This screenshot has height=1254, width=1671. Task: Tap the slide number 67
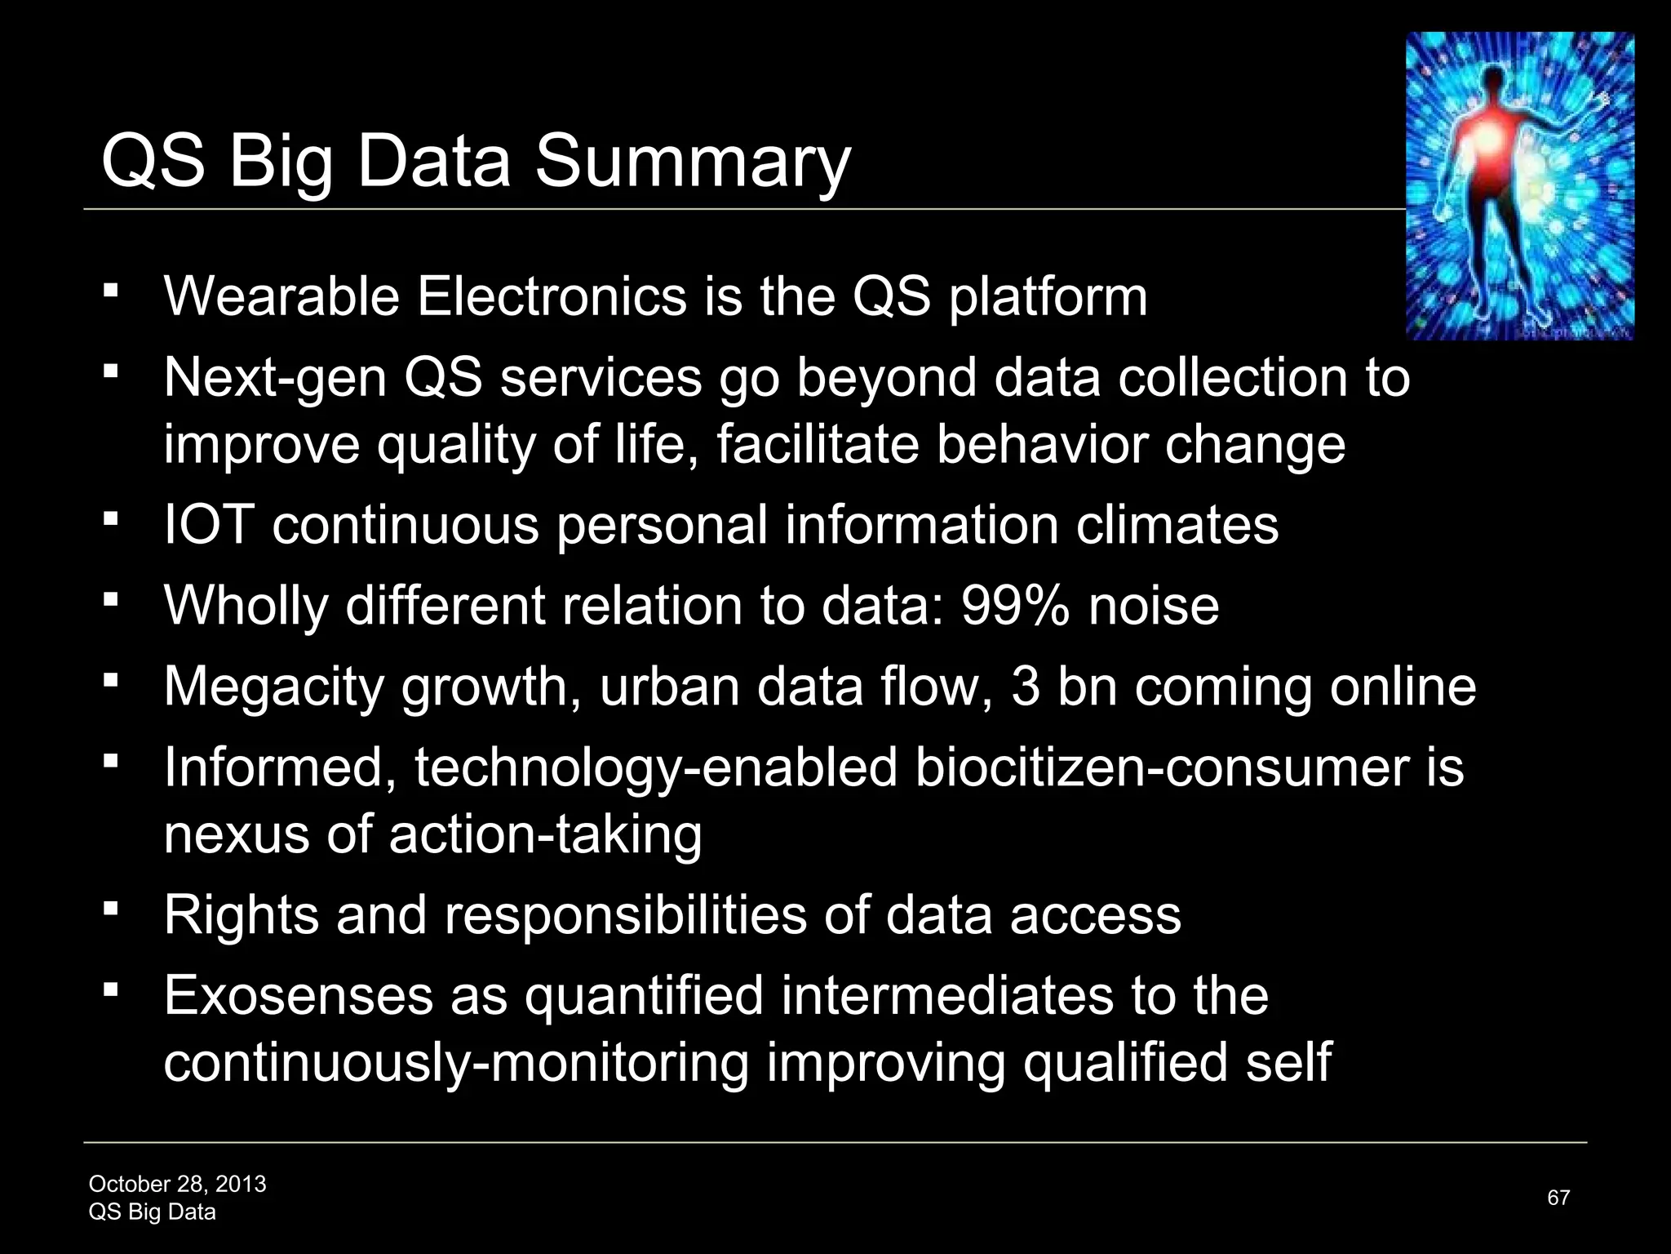[x=1558, y=1198]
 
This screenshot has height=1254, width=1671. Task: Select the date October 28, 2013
[x=177, y=1184]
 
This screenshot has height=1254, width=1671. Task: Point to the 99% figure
[x=1015, y=606]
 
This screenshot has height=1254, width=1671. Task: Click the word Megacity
[x=273, y=687]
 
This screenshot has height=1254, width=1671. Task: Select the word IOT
[x=209, y=524]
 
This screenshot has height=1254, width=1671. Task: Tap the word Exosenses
[x=299, y=996]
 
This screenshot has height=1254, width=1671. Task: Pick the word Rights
[x=241, y=914]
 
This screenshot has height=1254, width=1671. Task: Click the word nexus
[x=236, y=834]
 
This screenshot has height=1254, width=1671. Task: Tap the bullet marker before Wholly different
[x=112, y=600]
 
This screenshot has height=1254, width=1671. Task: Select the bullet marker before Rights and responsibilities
[x=112, y=909]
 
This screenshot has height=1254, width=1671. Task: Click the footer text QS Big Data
[x=152, y=1212]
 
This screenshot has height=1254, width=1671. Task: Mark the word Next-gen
[x=274, y=378]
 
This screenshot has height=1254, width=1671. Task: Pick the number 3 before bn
[x=1026, y=687]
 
